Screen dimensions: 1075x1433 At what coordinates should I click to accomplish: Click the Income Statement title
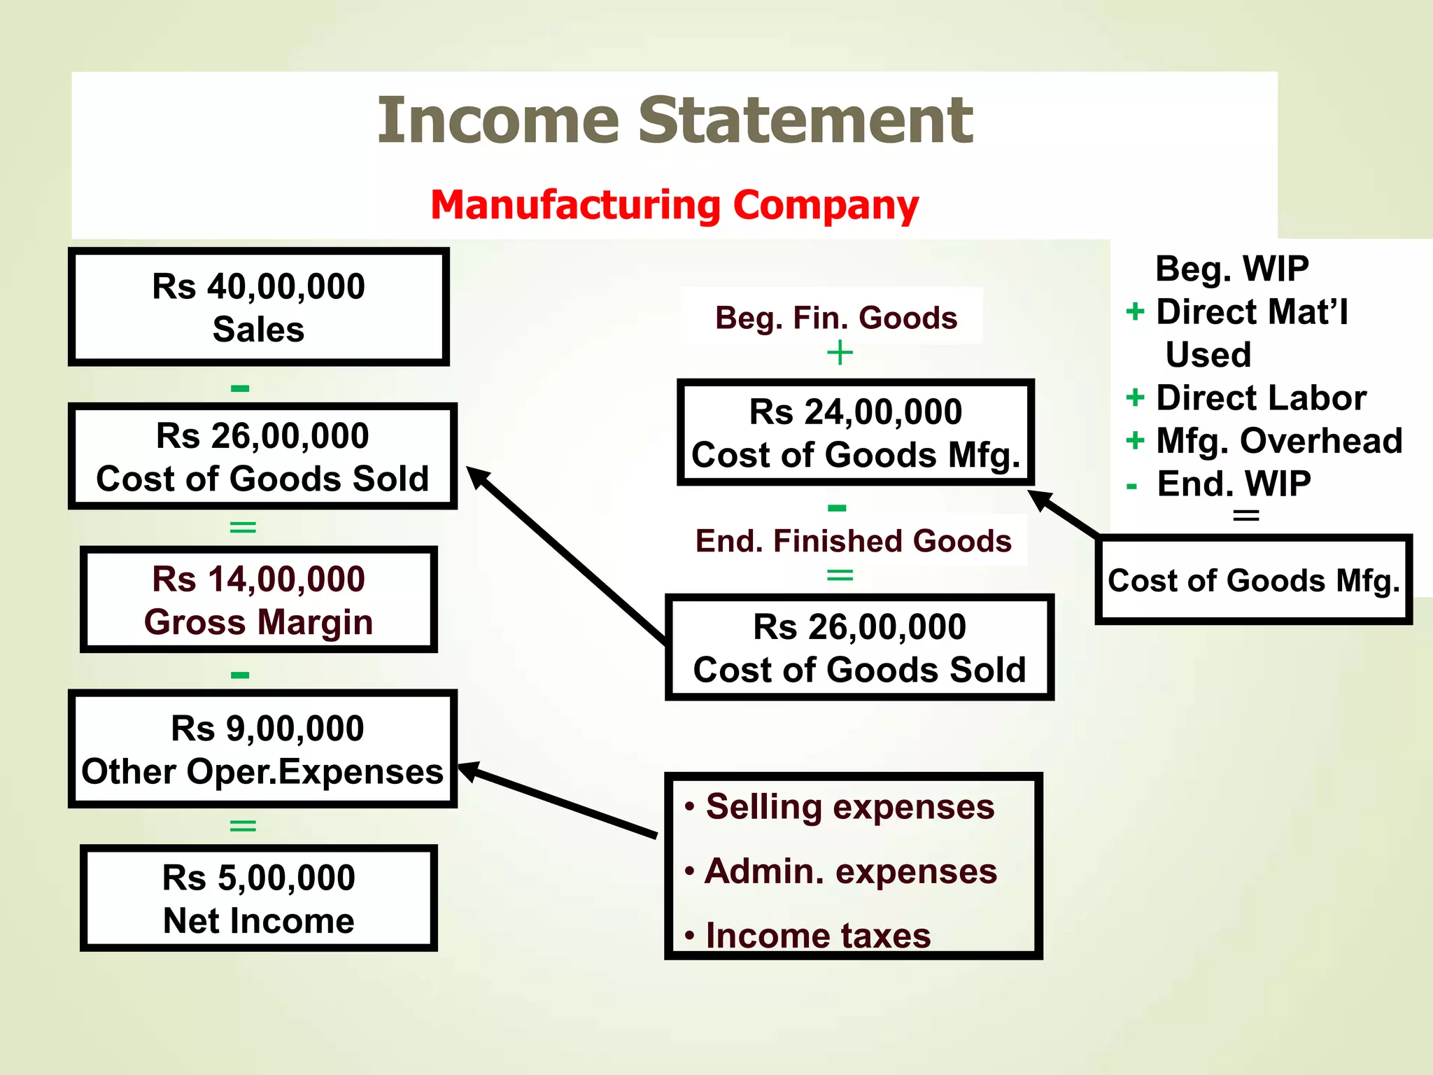point(675,120)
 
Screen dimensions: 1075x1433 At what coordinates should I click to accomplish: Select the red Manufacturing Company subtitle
point(675,205)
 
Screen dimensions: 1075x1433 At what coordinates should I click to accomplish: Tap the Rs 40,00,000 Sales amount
point(258,286)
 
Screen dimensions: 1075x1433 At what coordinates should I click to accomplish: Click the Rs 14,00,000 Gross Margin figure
point(258,579)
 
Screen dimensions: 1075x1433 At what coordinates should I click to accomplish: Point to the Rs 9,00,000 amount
point(267,729)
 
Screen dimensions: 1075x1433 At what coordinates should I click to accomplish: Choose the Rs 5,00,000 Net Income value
point(258,878)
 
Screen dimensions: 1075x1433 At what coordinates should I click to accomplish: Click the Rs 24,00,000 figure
point(855,412)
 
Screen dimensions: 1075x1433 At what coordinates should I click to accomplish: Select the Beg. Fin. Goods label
point(835,318)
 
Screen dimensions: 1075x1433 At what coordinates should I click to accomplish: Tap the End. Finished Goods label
point(853,541)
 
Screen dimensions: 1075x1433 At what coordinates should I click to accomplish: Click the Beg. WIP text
point(1231,269)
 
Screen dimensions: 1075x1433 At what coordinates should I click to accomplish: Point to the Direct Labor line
point(1260,398)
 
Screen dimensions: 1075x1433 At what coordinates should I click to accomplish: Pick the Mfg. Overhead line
point(1278,441)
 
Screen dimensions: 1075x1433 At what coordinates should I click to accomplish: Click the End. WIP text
point(1234,484)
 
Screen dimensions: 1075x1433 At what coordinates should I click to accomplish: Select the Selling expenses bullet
point(849,807)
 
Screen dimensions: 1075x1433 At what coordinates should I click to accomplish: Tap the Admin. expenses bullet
point(850,871)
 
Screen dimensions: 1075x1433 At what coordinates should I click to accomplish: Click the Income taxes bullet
point(818,936)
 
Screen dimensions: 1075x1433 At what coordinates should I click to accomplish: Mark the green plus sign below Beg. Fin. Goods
point(840,353)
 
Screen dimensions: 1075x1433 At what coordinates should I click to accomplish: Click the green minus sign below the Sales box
point(240,388)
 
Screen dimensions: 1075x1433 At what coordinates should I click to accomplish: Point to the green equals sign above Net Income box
point(243,826)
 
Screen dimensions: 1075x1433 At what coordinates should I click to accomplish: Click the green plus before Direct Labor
point(1135,398)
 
